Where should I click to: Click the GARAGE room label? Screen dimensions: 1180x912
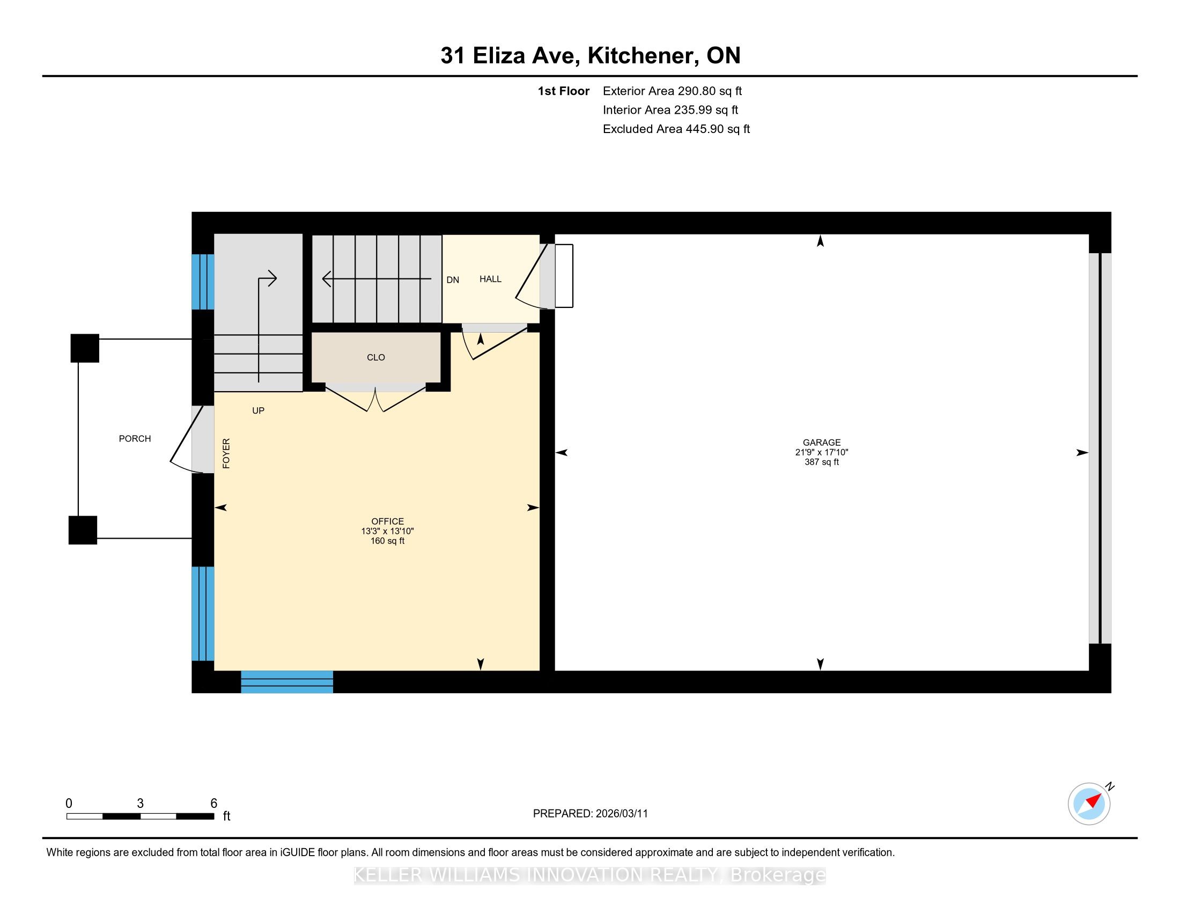(821, 443)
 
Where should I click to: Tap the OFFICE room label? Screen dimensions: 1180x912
(387, 521)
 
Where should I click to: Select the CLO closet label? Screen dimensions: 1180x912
(375, 358)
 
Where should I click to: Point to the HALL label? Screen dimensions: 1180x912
(490, 280)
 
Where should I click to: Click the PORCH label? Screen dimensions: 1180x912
(135, 439)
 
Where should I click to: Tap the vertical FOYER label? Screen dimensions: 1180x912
(226, 453)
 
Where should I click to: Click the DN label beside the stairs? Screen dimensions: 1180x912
(453, 280)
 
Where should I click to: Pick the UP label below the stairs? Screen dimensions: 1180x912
(259, 410)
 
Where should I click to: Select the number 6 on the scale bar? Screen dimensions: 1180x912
(214, 803)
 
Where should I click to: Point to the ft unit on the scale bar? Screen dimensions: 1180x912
(227, 817)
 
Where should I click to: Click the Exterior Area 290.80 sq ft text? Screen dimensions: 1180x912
(672, 91)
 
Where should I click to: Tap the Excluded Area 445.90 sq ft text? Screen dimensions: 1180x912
(676, 129)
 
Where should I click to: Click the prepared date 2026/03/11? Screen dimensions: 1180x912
(621, 814)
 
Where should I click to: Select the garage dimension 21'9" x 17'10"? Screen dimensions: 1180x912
(821, 452)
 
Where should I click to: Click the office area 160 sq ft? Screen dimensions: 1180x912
(387, 541)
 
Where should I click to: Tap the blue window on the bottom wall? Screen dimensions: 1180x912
(287, 682)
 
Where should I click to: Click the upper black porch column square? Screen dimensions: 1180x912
(85, 348)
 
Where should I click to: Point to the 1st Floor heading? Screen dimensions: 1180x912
(564, 91)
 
